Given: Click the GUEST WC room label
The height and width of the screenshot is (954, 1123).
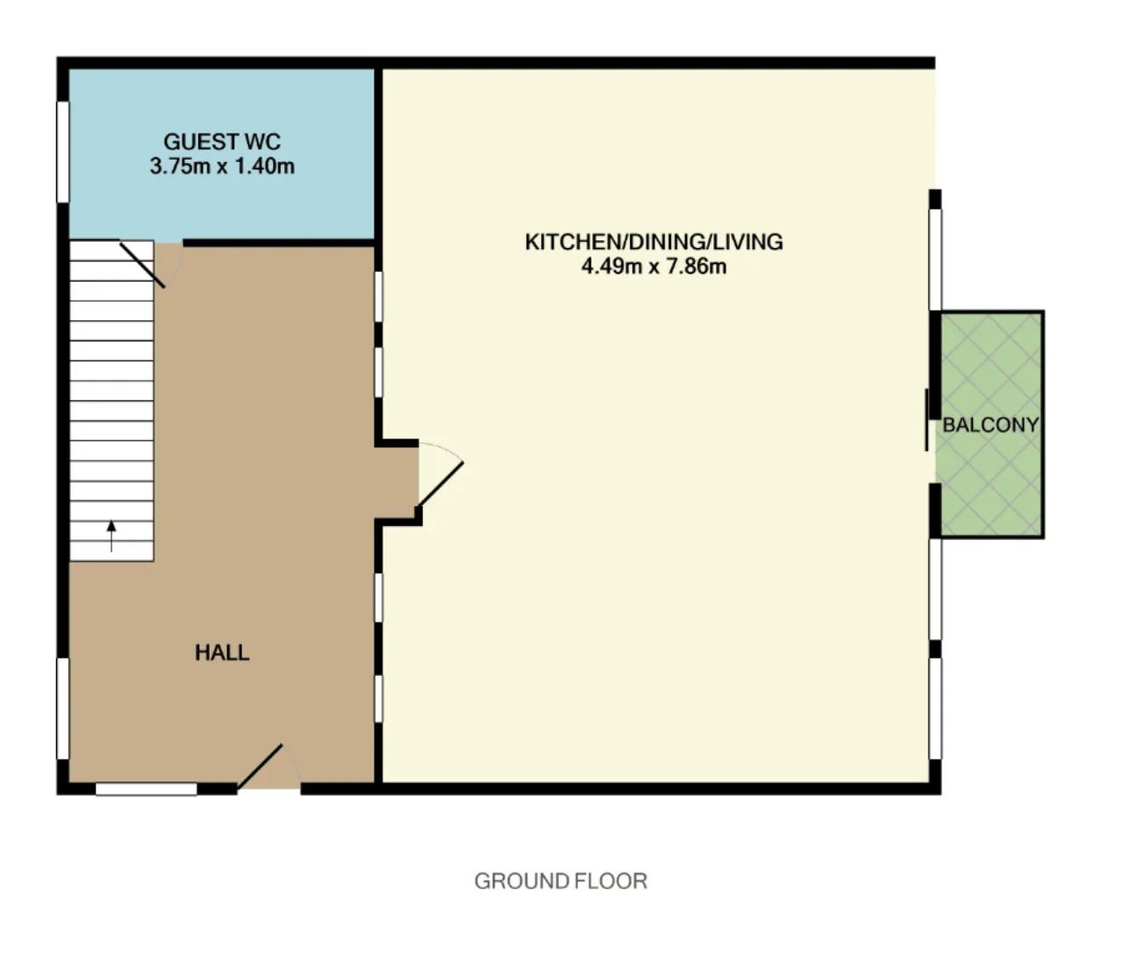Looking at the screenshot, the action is pyautogui.click(x=222, y=142).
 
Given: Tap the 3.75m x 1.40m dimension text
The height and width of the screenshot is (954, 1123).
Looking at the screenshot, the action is pyautogui.click(x=222, y=166).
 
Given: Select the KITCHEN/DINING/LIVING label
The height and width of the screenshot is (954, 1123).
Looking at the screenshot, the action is pyautogui.click(x=654, y=242).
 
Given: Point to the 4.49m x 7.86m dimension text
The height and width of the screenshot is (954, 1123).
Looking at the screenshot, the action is pyautogui.click(x=654, y=267).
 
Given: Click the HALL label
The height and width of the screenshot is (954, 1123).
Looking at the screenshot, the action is pyautogui.click(x=222, y=652).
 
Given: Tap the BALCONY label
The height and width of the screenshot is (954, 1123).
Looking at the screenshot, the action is pyautogui.click(x=991, y=424).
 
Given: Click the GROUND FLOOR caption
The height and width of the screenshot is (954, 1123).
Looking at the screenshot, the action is pyautogui.click(x=561, y=881).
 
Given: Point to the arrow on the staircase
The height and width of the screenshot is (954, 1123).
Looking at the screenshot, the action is pyautogui.click(x=111, y=536).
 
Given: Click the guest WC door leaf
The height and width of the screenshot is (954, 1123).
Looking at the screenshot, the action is pyautogui.click(x=142, y=265).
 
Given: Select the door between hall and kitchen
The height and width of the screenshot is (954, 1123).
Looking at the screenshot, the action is pyautogui.click(x=440, y=484).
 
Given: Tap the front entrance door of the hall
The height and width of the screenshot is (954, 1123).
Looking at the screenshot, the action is pyautogui.click(x=260, y=766).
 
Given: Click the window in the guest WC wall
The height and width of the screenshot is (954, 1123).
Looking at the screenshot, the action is pyautogui.click(x=63, y=152).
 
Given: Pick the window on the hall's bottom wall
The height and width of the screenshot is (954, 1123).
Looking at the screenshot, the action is pyautogui.click(x=147, y=789).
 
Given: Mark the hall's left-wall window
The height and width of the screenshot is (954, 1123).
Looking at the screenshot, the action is pyautogui.click(x=63, y=708).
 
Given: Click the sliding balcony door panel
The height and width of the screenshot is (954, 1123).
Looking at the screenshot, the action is pyautogui.click(x=926, y=420).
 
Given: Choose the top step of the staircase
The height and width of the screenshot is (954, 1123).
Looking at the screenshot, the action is pyautogui.click(x=111, y=251).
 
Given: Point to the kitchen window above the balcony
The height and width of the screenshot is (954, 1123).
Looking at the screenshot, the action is pyautogui.click(x=935, y=260).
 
